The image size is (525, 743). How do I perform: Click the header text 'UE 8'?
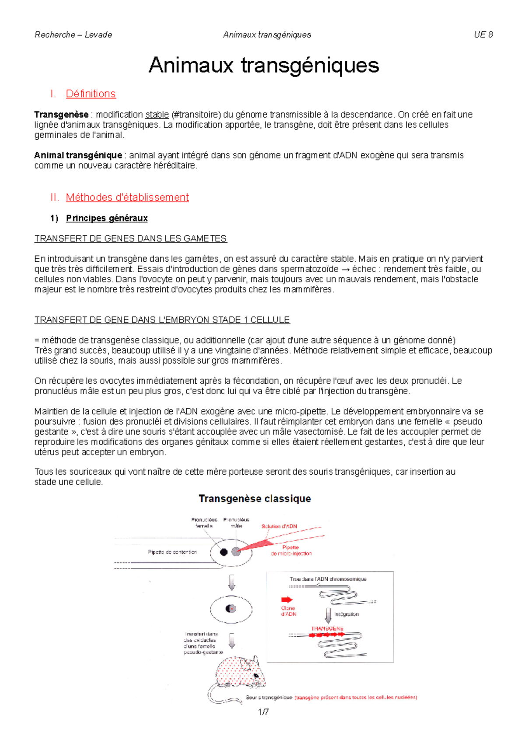(483, 35)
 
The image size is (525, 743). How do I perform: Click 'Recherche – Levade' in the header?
(73, 35)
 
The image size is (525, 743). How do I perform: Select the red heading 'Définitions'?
(91, 94)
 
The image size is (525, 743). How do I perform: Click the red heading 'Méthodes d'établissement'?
(127, 197)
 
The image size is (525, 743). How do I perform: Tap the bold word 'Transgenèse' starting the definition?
(61, 115)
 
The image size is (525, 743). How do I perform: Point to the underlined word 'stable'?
(157, 115)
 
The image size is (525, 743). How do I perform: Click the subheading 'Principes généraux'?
(107, 218)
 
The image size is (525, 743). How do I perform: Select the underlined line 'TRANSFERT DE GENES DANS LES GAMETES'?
(130, 238)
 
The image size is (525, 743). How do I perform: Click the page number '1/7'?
(263, 712)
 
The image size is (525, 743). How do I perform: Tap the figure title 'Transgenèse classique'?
(255, 498)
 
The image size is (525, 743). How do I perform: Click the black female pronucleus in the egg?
(224, 552)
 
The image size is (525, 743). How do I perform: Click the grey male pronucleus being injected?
(236, 552)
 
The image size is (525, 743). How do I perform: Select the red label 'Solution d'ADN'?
(279, 526)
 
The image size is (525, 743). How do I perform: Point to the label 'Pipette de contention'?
(172, 552)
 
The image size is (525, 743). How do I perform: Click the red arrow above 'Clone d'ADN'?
(287, 599)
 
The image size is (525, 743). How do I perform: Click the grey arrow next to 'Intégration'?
(328, 615)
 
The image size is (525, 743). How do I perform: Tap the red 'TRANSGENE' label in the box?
(327, 628)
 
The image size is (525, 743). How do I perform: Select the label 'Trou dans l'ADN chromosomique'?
(328, 579)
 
